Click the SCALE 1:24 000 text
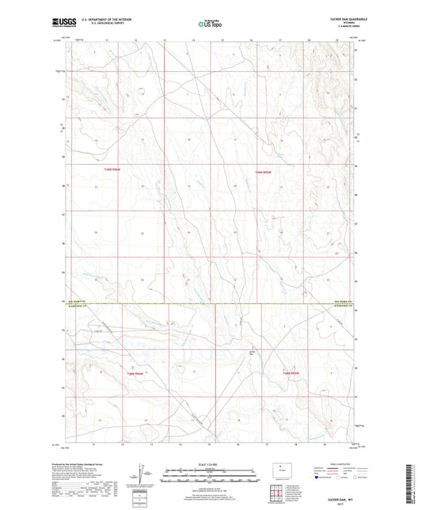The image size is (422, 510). point(211,463)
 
